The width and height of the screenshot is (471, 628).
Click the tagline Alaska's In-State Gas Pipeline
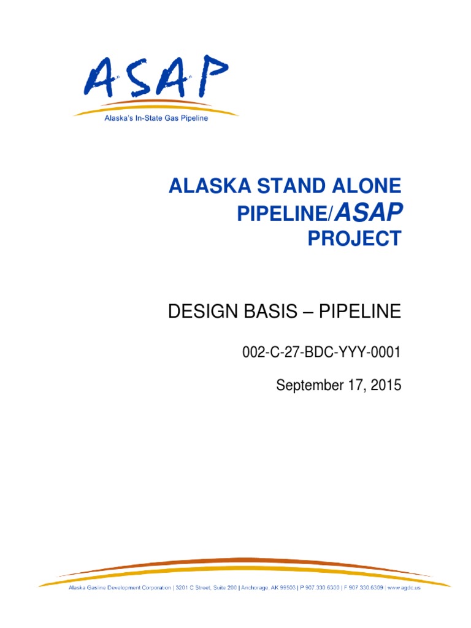point(156,118)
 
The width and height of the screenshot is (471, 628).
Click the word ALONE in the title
point(360,185)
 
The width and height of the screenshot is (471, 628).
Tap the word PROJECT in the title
point(354,238)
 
